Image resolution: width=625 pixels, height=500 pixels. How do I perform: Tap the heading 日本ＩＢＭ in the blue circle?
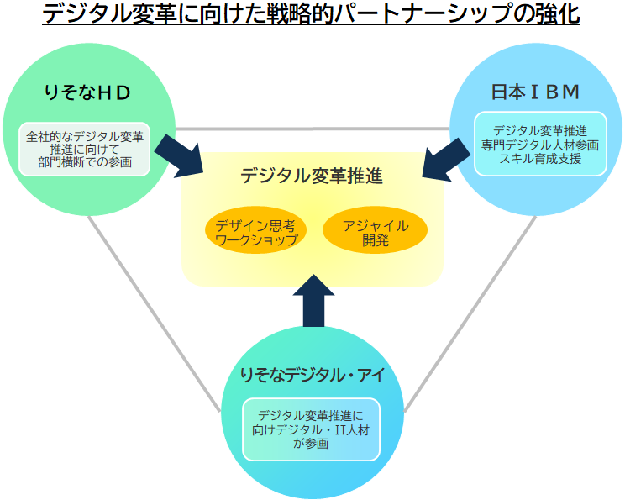click(536, 92)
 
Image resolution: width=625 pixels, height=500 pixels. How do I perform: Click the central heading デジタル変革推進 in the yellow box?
click(312, 176)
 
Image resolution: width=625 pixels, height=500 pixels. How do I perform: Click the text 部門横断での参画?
click(84, 161)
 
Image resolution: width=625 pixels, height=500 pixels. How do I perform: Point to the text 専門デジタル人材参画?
click(539, 145)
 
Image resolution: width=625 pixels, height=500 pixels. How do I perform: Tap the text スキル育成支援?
click(539, 158)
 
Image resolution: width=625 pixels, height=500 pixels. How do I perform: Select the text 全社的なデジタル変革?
click(84, 135)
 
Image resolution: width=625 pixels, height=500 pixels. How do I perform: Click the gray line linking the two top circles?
click(312, 129)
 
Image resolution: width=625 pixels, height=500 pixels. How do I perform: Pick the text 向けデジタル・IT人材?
click(311, 429)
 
